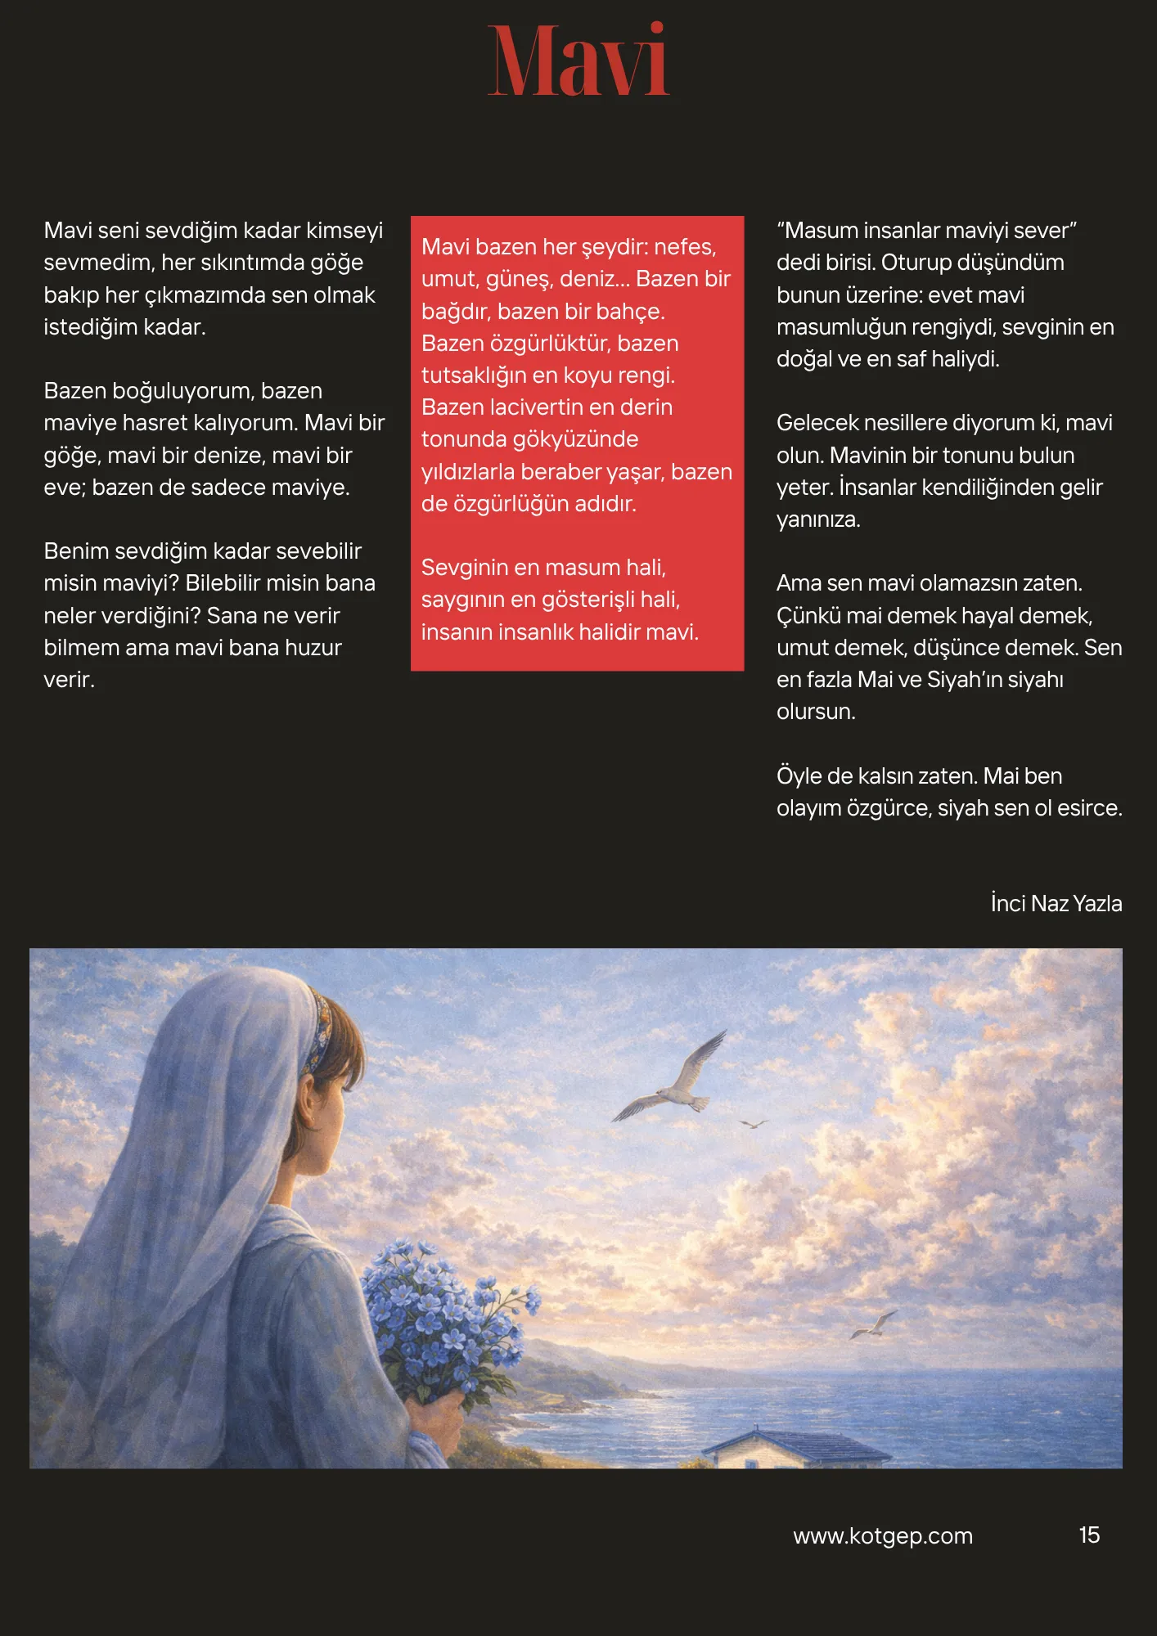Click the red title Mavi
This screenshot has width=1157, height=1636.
pyautogui.click(x=578, y=61)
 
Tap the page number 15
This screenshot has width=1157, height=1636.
pyautogui.click(x=1088, y=1535)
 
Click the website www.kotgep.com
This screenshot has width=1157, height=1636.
pyautogui.click(x=882, y=1536)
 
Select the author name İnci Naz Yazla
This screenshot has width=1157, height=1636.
pyautogui.click(x=1056, y=903)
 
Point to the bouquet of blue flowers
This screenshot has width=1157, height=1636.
pyautogui.click(x=446, y=1309)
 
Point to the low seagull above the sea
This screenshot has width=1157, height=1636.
pyautogui.click(x=874, y=1324)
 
